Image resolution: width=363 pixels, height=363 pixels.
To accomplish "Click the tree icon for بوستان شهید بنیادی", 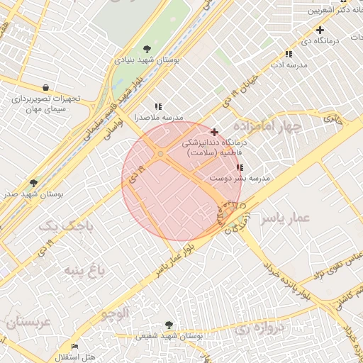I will coord(147,49).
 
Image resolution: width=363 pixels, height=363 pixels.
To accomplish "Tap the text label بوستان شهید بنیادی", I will coord(147,61).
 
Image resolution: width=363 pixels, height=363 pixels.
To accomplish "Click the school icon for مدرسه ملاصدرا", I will coord(157,106).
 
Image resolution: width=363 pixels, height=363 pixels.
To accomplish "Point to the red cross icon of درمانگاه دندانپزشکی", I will coord(214,132).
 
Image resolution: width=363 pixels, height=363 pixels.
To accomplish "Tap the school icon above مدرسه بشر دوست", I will coord(240,168).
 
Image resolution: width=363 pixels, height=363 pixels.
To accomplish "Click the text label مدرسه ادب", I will coord(288,65).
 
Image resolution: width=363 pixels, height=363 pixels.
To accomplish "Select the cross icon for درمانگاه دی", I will coord(320,30).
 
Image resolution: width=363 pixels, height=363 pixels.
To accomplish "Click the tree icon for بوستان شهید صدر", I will coord(33,183).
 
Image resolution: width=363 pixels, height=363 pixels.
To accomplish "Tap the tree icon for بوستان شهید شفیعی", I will coord(168,324).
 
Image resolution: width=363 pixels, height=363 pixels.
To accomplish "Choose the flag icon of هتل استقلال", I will coord(74,346).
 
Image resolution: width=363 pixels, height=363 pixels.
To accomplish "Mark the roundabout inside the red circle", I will coord(162,154).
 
